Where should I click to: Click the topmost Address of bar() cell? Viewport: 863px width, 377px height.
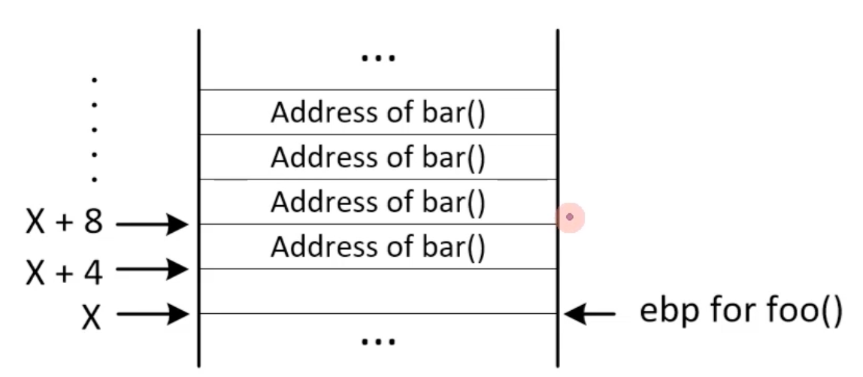(x=378, y=112)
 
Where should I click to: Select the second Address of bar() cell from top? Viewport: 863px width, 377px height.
(x=378, y=157)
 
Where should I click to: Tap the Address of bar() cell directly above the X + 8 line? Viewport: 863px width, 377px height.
(x=378, y=202)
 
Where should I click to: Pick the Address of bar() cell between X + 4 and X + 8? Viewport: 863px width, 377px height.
(x=378, y=247)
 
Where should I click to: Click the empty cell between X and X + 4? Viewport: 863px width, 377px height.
(x=378, y=291)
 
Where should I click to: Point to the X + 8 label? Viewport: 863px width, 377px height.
(x=65, y=225)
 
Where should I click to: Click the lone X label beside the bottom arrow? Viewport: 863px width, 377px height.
(x=91, y=318)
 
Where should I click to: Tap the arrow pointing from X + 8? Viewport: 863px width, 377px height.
(x=153, y=225)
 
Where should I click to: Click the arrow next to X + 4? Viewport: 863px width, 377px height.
(x=153, y=269)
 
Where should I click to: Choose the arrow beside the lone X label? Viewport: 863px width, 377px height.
(x=153, y=315)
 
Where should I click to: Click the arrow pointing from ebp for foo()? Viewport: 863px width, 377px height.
(x=589, y=315)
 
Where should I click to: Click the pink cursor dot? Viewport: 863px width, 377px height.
(x=570, y=217)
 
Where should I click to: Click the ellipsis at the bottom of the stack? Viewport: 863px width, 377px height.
(x=377, y=341)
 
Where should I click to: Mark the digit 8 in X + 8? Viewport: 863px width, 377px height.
(x=94, y=225)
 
